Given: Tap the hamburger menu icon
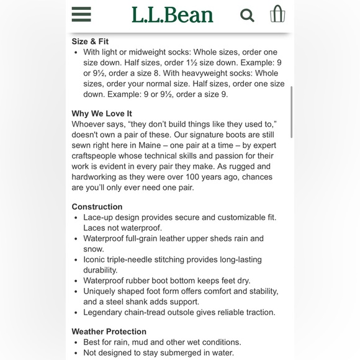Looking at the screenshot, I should (81, 14).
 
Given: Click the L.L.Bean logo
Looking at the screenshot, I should (172, 15).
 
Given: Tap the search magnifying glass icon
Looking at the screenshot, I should (247, 15).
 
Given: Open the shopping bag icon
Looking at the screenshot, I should (277, 14).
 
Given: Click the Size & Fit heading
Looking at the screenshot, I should (90, 42).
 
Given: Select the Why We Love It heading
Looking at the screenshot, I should (102, 114).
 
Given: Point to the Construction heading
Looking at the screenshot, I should (97, 207).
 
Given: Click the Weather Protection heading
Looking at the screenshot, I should (109, 331).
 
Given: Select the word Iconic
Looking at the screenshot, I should (96, 259).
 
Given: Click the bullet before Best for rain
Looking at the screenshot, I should (76, 342).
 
